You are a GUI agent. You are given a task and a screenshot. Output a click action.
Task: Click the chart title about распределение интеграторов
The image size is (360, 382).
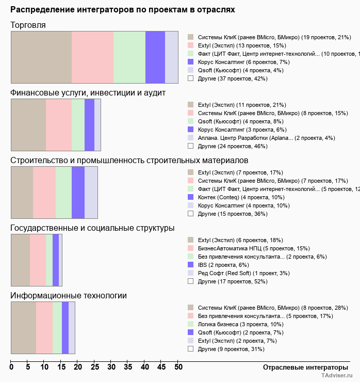122,10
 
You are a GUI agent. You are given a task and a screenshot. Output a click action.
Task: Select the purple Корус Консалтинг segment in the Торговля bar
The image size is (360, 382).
155,57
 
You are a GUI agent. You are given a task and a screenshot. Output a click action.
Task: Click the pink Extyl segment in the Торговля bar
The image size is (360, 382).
92,57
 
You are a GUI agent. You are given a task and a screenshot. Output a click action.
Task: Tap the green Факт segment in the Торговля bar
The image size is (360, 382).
129,57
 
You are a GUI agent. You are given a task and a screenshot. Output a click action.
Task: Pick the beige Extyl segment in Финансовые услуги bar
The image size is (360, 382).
28,125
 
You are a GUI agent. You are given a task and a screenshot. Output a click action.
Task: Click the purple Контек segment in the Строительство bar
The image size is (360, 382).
78,193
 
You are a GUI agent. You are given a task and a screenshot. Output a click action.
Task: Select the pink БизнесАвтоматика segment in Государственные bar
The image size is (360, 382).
38,260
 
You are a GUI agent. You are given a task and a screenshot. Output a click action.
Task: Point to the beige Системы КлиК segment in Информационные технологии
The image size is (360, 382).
23,328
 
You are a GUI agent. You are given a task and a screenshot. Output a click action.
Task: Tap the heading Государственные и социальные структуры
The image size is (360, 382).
92,228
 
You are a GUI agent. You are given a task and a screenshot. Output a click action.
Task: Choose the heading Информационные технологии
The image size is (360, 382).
69,295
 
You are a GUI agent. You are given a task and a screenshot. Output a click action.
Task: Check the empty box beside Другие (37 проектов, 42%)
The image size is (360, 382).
191,78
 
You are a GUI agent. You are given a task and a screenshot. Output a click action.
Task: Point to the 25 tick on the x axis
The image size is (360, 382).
94,368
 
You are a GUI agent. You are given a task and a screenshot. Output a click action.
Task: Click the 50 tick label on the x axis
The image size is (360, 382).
178,368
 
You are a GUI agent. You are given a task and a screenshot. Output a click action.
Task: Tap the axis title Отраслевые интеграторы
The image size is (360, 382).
302,367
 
